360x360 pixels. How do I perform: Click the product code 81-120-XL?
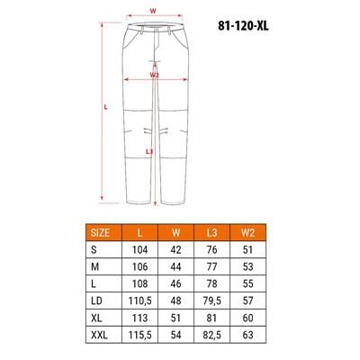pyautogui.click(x=243, y=26)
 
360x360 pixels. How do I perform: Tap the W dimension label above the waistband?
pyautogui.click(x=153, y=11)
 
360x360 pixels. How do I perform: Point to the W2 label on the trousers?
pyautogui.click(x=154, y=75)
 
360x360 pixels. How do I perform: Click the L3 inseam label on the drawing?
pyautogui.click(x=149, y=151)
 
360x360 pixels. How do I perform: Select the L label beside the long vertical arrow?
pyautogui.click(x=105, y=106)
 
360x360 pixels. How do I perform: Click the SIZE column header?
pyautogui.click(x=100, y=232)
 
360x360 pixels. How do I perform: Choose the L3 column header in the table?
pyautogui.click(x=211, y=232)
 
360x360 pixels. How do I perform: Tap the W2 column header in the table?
pyautogui.click(x=247, y=232)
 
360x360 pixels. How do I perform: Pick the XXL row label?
pyautogui.click(x=99, y=335)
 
